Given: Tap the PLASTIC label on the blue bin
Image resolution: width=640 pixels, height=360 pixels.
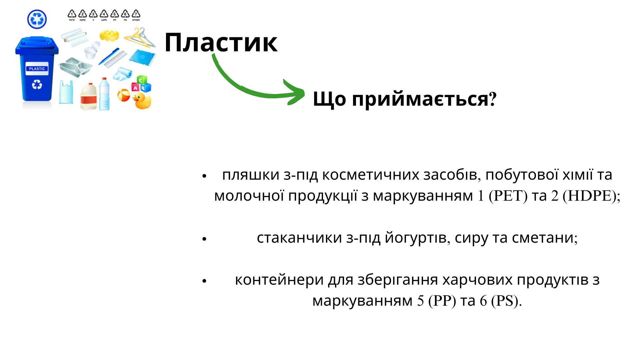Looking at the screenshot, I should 37,69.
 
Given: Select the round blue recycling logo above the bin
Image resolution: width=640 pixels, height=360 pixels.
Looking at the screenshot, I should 37,19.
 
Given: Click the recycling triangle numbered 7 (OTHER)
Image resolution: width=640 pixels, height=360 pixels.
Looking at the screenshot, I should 136,14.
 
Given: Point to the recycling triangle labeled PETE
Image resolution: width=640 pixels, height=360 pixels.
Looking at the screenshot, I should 72,14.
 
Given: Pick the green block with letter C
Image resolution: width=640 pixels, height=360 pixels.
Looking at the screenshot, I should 141,80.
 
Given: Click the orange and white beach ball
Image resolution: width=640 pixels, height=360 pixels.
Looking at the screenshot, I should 124,95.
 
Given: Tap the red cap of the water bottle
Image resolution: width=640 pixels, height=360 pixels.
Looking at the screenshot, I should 104,79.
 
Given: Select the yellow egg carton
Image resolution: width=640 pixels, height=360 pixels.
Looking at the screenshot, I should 109,35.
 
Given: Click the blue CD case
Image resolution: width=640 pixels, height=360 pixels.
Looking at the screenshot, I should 142,58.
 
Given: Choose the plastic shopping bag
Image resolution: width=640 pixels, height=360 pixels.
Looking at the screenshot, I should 66,92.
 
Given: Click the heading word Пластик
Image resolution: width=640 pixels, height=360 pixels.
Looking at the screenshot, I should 221,43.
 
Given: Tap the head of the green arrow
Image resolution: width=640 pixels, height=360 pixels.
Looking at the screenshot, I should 295,93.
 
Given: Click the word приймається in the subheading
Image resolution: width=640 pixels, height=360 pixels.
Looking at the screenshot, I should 420,99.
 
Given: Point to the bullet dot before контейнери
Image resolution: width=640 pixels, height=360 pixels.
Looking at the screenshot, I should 204,281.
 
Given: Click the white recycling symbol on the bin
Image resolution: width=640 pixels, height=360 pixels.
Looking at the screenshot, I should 37,85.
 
